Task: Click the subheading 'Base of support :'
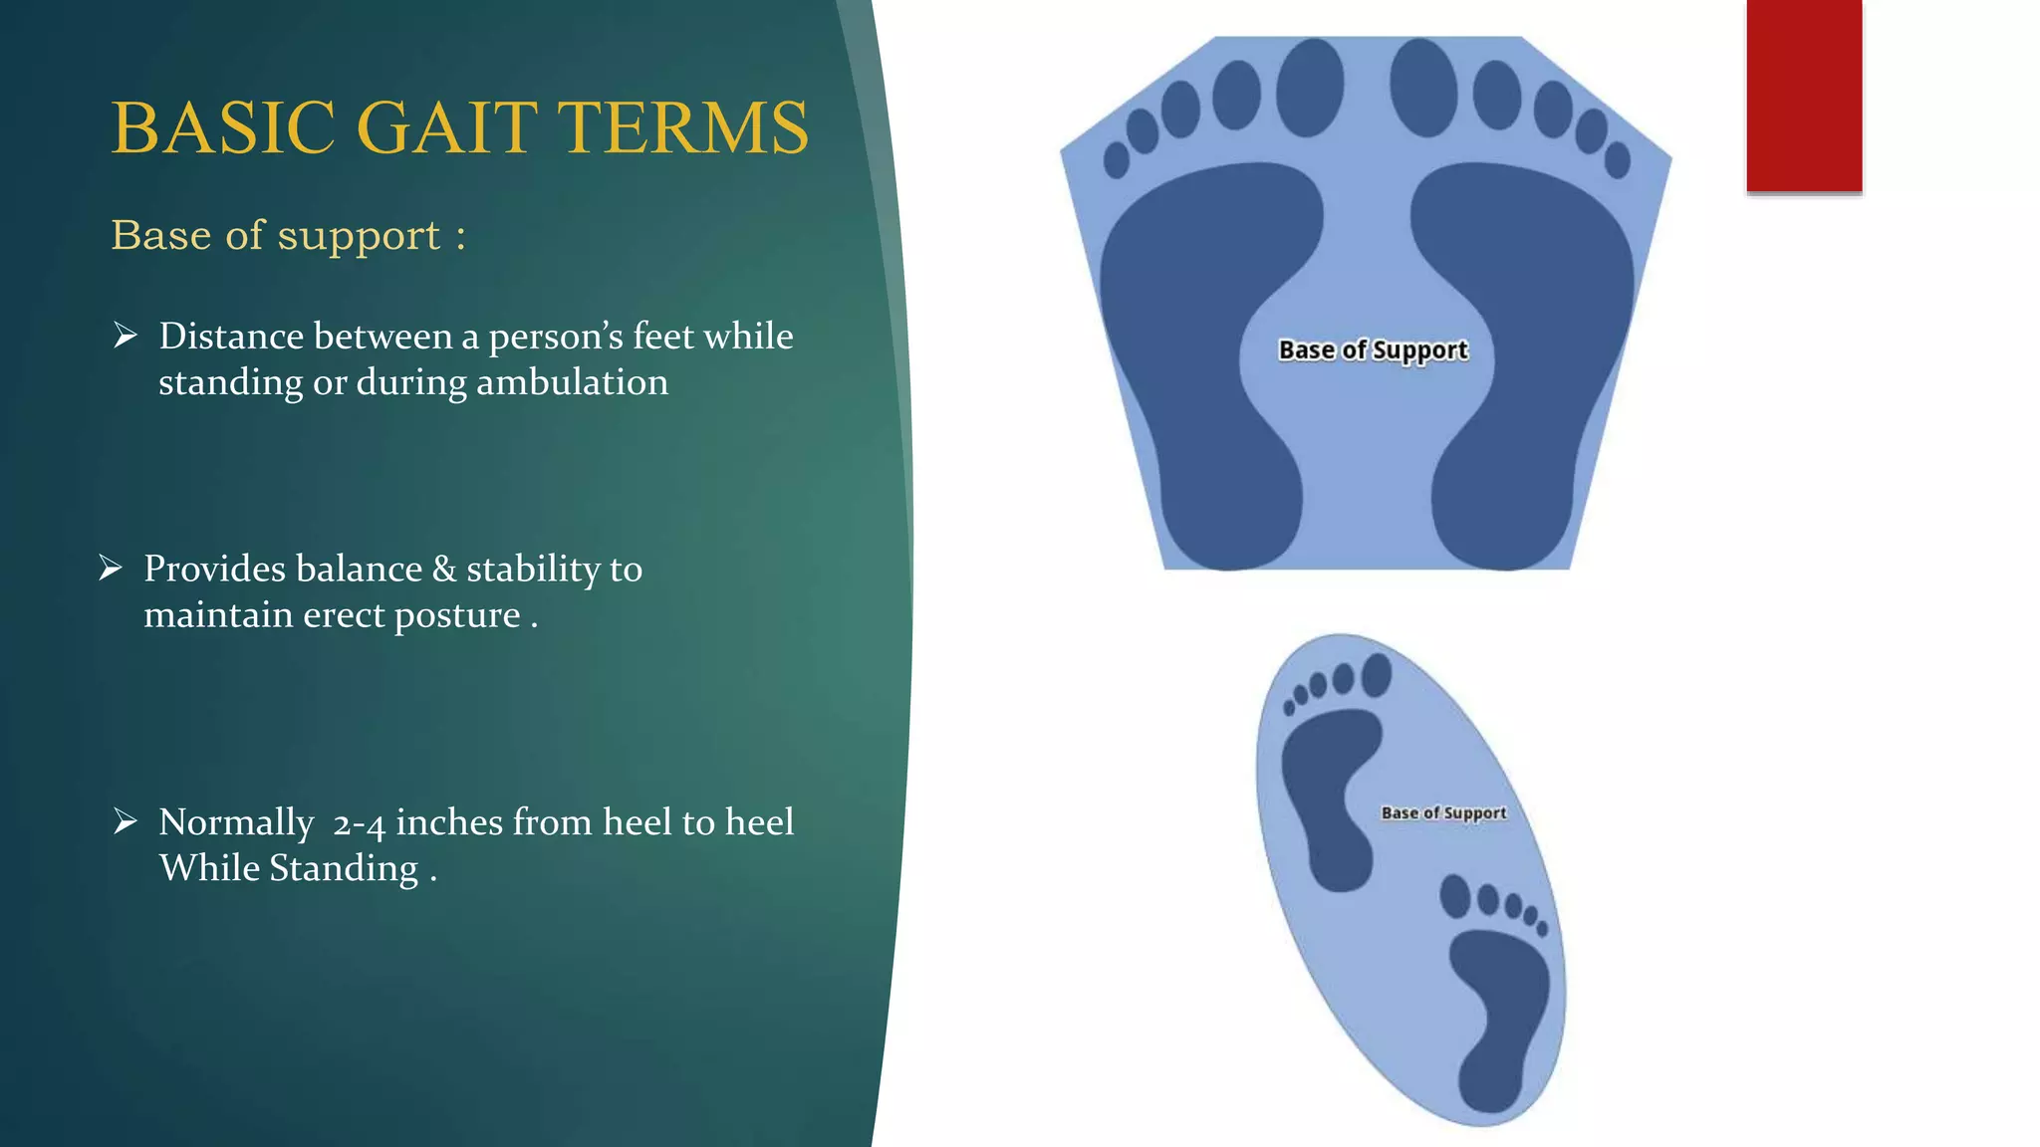pos(288,236)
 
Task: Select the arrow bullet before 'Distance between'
pos(126,336)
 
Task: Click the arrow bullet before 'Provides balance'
pos(111,569)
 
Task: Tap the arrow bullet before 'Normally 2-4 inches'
pos(126,821)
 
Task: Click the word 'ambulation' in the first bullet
pos(572,382)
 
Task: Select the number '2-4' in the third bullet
pos(359,823)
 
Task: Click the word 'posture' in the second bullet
pos(457,615)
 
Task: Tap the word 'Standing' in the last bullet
pos(344,868)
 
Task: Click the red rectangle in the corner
pos(1804,96)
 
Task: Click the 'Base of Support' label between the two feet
pos(1373,350)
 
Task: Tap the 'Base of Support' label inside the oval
pos(1443,813)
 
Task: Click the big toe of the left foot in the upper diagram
pos(1310,88)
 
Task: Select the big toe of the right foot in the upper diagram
pos(1423,88)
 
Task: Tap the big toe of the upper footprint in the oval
pos(1377,675)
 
